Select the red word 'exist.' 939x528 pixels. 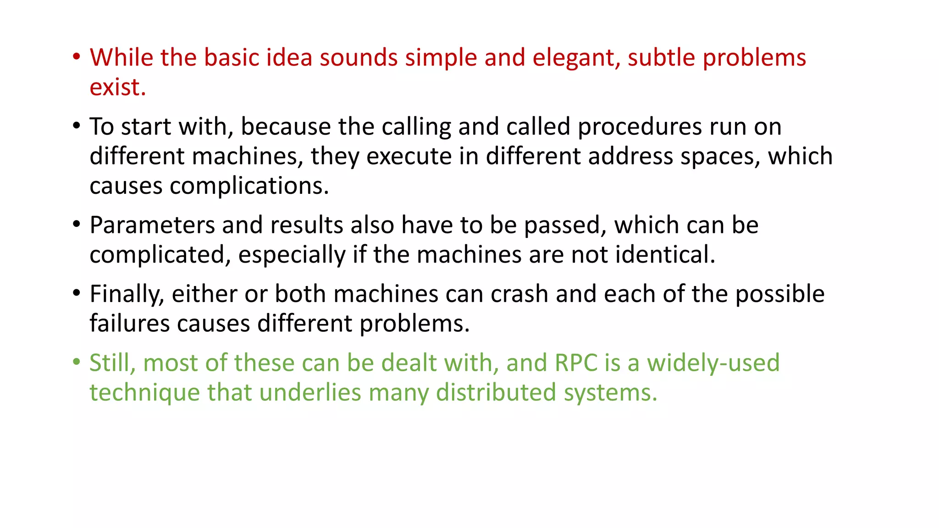[x=117, y=88]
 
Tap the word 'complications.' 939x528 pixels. [x=249, y=187]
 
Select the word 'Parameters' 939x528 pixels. [x=152, y=225]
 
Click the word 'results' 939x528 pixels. [x=306, y=225]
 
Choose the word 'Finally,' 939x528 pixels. [x=127, y=294]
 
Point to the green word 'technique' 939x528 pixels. [x=144, y=393]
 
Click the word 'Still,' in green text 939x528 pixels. [x=112, y=363]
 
